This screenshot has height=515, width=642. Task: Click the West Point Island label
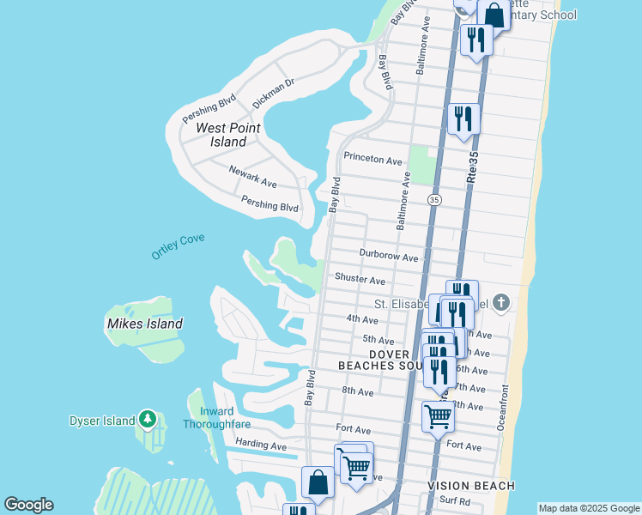pos(228,135)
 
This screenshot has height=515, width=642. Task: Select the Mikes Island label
pos(145,324)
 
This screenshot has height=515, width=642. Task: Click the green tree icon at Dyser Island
pos(148,420)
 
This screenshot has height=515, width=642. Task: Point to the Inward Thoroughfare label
pos(216,418)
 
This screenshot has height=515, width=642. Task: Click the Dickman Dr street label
pos(273,93)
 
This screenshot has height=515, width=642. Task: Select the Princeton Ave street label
pos(372,159)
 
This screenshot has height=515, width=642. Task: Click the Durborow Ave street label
pos(389,257)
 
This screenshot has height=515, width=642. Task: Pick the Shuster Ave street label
pos(360,279)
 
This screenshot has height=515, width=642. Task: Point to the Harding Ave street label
pos(260,446)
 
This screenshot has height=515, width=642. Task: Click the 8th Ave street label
pos(357,391)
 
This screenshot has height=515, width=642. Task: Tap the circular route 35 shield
pos(434,199)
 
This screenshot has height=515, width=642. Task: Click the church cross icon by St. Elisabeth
pos(502,302)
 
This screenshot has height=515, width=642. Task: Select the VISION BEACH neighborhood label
pos(471,486)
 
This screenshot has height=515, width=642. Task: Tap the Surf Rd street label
pos(454,501)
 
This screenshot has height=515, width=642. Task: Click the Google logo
pos(28,505)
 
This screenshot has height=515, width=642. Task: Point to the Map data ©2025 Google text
pos(588,508)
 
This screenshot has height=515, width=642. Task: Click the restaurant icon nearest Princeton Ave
pos(463,117)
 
